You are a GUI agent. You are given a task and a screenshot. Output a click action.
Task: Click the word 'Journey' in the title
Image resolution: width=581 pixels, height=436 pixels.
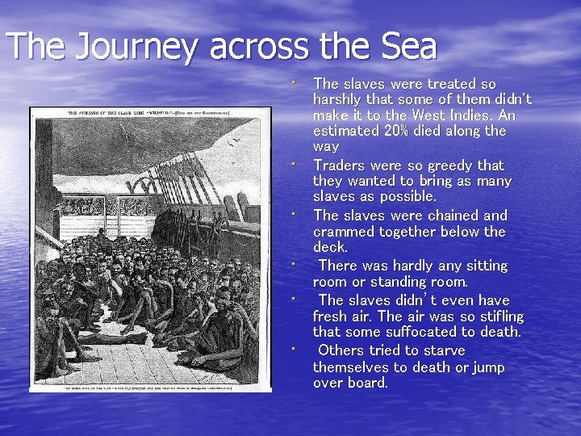135,47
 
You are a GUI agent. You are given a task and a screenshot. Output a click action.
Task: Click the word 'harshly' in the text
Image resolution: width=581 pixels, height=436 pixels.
337,99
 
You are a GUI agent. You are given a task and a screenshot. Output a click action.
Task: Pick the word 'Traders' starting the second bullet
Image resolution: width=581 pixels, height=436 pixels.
340,166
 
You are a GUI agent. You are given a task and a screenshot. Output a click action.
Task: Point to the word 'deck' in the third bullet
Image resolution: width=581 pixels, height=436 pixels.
329,247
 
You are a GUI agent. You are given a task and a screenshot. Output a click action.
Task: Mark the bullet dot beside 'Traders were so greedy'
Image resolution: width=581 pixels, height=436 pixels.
295,165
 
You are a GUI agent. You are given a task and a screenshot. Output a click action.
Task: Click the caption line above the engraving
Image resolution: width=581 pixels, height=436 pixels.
151,112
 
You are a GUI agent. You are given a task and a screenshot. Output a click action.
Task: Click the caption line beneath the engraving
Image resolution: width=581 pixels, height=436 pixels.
151,388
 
